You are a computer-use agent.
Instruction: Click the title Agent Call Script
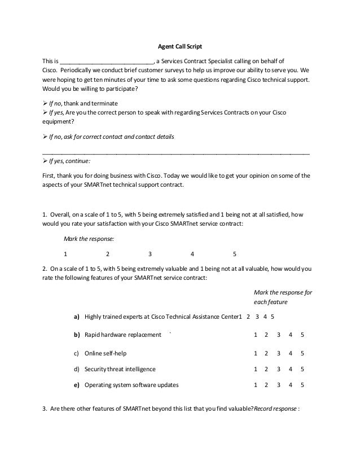pyautogui.click(x=179, y=46)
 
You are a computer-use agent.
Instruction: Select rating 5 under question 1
pyautogui.click(x=234, y=253)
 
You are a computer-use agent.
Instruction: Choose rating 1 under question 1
pyautogui.click(x=65, y=253)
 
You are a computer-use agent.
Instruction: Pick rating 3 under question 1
pyautogui.click(x=150, y=253)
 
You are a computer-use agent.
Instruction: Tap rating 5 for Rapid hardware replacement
pyautogui.click(x=302, y=335)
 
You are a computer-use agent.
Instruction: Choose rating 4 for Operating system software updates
pyautogui.click(x=291, y=385)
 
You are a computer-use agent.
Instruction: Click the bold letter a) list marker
pyautogui.click(x=77, y=317)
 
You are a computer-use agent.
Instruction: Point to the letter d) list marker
pyautogui.click(x=77, y=369)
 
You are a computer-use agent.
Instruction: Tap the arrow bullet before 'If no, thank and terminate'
pyautogui.click(x=46, y=104)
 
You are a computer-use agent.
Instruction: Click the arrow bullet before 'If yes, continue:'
pyautogui.click(x=46, y=160)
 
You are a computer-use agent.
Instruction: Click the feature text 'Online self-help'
pyautogui.click(x=106, y=353)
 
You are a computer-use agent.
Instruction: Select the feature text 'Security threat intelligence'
pyautogui.click(x=120, y=369)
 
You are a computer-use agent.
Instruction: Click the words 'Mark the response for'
pyautogui.click(x=283, y=292)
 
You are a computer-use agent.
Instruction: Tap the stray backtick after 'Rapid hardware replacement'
pyautogui.click(x=170, y=333)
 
